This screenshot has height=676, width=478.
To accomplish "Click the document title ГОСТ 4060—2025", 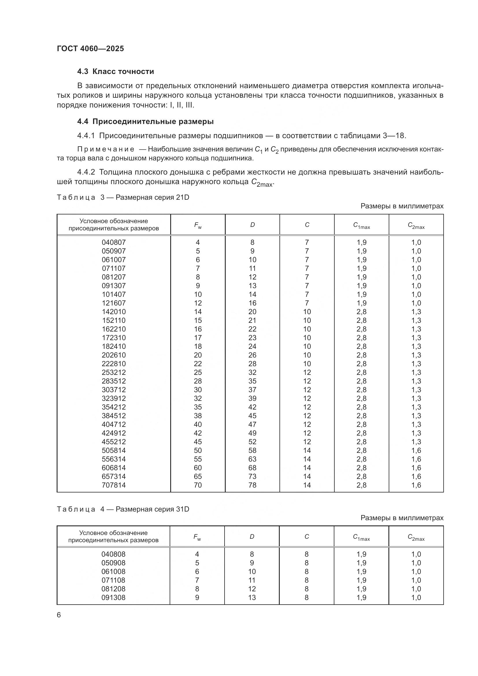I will point(90,49).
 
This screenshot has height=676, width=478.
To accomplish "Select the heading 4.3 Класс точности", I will point(115,72).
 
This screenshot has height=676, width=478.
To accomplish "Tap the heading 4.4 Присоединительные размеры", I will point(145,121).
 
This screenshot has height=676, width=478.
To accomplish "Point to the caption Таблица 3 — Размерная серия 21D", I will point(123,197).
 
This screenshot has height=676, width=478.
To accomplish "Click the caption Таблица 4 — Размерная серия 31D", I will point(123,509).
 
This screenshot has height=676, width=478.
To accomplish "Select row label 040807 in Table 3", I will point(114,242).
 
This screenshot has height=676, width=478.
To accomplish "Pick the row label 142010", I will point(114,312).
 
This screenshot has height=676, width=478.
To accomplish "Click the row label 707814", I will point(114,485).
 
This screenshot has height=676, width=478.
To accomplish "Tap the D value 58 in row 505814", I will point(252,450).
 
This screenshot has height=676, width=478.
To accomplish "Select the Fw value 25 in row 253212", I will point(198,372).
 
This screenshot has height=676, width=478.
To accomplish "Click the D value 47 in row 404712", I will point(252,424).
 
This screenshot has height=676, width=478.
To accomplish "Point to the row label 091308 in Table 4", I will point(113,597).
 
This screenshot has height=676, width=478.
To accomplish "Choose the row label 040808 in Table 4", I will point(113,554).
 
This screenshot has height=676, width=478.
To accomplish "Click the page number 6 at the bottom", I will point(59,615).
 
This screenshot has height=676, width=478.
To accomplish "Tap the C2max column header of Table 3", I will point(416,225).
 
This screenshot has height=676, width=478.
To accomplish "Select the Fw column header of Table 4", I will point(197,537).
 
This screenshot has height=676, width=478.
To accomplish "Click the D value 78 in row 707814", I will point(252,485).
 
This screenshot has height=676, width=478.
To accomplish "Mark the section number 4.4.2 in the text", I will point(86,172).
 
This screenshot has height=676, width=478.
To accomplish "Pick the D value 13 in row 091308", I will point(252,597).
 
